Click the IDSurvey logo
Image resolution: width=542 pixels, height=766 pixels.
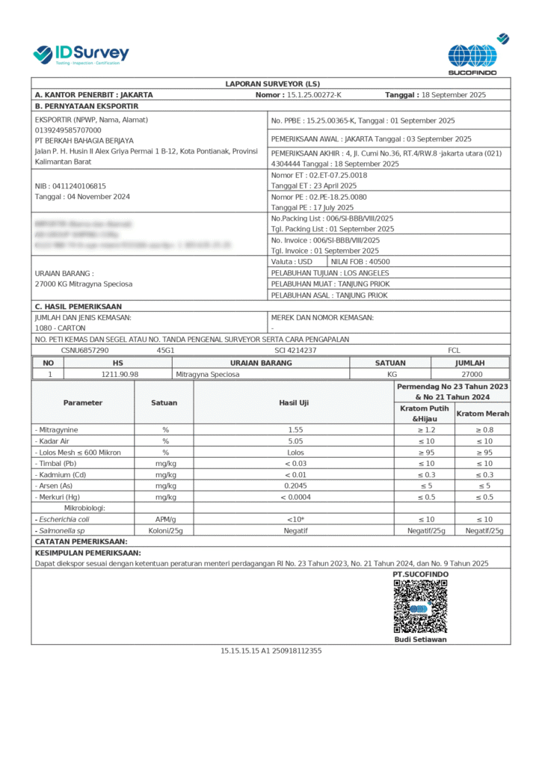pos(81,54)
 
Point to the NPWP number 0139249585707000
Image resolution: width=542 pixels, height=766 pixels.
pos(68,129)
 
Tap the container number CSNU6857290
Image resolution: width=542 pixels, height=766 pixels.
pos(84,350)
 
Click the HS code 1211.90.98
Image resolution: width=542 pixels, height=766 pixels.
pos(119,374)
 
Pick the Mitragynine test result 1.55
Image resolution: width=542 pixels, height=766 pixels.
pos(294,430)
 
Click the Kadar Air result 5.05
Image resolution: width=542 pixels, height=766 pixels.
pos(294,441)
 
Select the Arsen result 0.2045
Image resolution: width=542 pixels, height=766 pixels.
pos(294,485)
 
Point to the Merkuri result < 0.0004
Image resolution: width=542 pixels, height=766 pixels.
pos(294,497)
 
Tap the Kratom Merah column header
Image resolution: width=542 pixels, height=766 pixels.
pos(482,414)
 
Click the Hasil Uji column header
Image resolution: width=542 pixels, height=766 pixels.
pos(294,402)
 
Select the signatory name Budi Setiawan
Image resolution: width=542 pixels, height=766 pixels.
pos(420,640)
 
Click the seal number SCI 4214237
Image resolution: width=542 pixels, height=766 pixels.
pos(295,350)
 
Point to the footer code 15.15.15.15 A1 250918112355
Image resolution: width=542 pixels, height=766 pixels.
pos(271,651)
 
